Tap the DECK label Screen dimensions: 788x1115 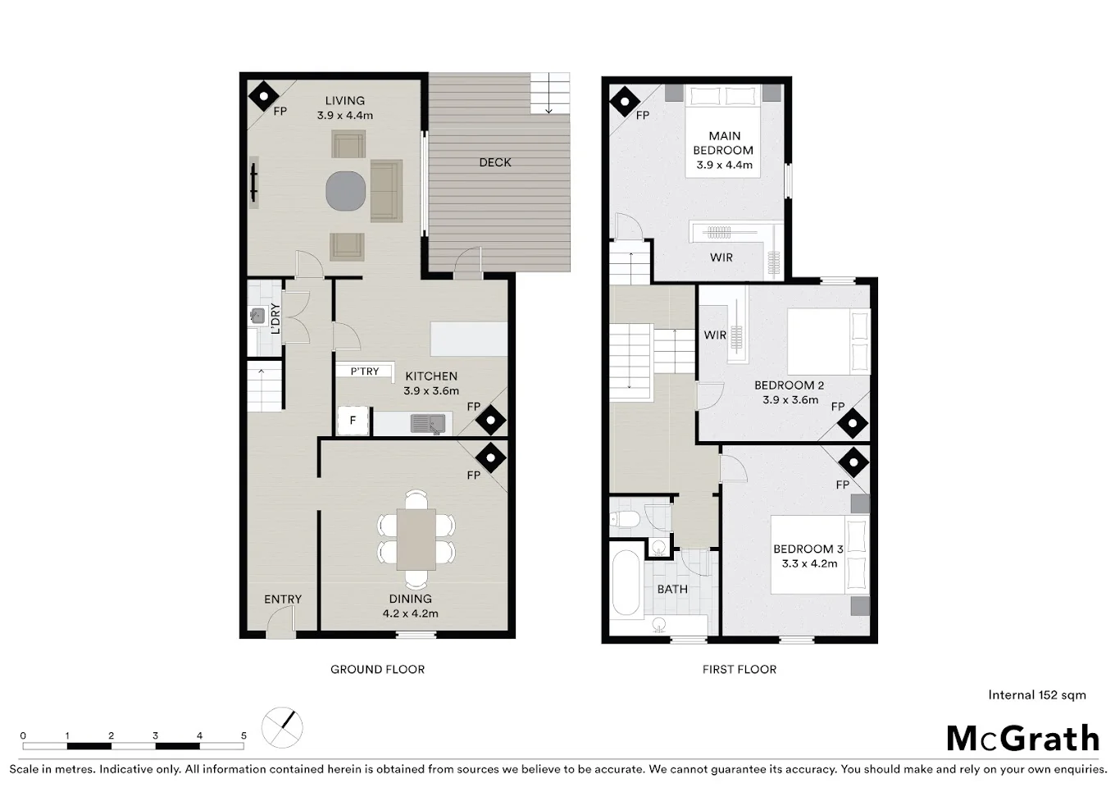pos(494,162)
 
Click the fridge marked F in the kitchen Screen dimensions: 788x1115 pos(353,421)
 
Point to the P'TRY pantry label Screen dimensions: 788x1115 pos(365,371)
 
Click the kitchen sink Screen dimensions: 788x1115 pos(429,423)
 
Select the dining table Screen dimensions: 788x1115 pos(416,539)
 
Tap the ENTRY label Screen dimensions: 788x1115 pos(283,599)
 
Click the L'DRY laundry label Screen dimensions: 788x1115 pos(275,318)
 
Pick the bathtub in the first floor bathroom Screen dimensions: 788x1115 pos(626,583)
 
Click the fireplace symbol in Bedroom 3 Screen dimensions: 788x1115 pos(853,462)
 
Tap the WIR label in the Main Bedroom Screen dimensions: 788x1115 pos(721,257)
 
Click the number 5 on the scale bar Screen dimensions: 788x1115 pos(243,736)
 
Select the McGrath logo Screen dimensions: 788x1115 pos(1022,739)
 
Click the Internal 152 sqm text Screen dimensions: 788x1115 pos(1036,695)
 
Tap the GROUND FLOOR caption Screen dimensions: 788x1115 pos(377,669)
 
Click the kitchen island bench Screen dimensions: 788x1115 pos(468,339)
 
